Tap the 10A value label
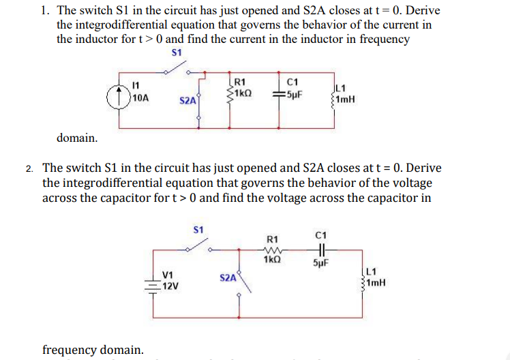[141, 97]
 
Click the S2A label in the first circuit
[188, 100]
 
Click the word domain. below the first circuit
[76, 138]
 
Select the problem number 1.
[44, 11]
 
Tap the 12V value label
[171, 285]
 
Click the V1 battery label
[168, 275]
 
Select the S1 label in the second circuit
[198, 229]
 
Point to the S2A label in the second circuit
[228, 277]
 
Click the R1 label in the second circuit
[272, 239]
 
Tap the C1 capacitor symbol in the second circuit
[322, 249]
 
